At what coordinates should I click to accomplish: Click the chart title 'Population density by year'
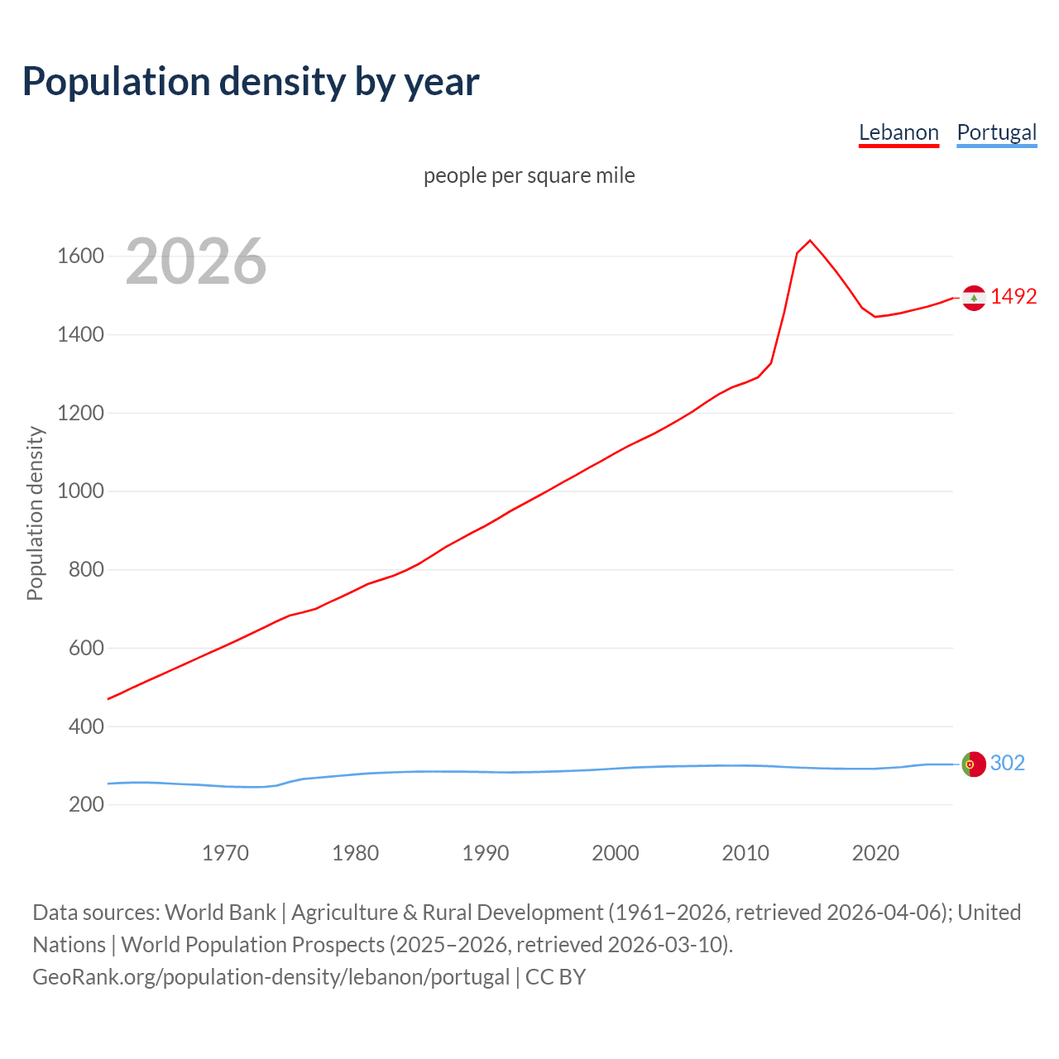(251, 81)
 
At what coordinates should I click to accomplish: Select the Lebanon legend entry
(898, 132)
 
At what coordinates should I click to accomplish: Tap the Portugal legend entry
(996, 132)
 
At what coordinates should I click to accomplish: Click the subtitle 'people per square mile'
(529, 175)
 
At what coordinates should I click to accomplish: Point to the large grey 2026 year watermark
(196, 261)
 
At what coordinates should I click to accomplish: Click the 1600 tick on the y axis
(80, 256)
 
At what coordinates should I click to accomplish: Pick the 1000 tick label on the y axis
(80, 491)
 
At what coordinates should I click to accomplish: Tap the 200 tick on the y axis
(86, 804)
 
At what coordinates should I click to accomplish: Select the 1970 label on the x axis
(225, 853)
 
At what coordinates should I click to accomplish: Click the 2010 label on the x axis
(745, 853)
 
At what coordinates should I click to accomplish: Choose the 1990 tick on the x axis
(486, 853)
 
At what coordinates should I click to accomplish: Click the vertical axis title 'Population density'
(35, 513)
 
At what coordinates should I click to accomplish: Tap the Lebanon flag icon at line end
(974, 297)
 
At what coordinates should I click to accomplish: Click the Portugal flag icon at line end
(974, 764)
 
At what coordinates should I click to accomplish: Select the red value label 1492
(1013, 296)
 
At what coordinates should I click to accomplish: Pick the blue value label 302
(1008, 763)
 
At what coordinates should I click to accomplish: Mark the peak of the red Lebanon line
(810, 241)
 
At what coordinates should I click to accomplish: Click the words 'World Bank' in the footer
(220, 912)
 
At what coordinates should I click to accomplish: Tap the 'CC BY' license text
(556, 976)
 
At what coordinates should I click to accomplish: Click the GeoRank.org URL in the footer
(271, 976)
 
